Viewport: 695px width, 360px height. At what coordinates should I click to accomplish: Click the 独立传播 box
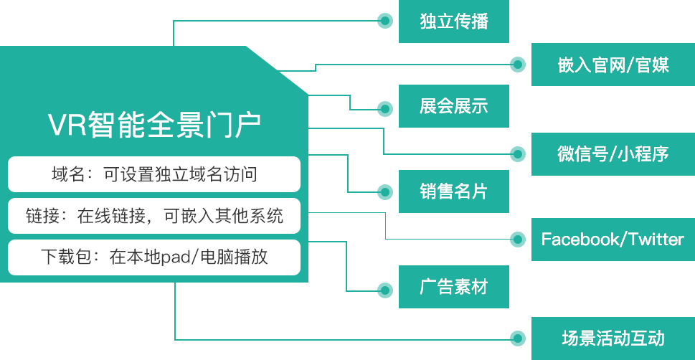tap(453, 22)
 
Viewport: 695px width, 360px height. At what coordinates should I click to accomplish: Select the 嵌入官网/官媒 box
tap(613, 65)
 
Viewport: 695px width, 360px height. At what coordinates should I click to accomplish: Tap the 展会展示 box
tap(453, 107)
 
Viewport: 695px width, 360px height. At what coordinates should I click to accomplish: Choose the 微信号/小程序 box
tap(613, 153)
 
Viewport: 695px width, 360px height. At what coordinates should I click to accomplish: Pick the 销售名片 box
tap(453, 191)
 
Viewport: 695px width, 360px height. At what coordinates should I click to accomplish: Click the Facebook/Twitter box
tap(613, 239)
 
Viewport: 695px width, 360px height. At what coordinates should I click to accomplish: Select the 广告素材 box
tap(453, 288)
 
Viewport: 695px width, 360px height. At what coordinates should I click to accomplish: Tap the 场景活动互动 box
tap(613, 338)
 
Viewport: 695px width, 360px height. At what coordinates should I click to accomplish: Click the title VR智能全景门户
tap(154, 125)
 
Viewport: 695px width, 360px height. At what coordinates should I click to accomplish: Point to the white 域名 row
tap(154, 174)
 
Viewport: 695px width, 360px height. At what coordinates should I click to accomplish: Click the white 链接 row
tap(154, 216)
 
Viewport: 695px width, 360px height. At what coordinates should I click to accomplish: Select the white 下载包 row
tap(154, 257)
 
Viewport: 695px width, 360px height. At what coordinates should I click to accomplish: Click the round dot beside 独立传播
tap(385, 22)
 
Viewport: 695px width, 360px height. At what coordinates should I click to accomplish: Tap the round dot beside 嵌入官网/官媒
tap(517, 65)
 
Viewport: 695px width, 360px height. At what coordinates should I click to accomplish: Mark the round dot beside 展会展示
tap(385, 109)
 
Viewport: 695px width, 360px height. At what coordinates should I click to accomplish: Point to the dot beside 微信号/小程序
tap(517, 153)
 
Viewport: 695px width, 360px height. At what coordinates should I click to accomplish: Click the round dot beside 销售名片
tap(385, 191)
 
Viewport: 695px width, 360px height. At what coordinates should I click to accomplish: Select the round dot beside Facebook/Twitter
tap(517, 239)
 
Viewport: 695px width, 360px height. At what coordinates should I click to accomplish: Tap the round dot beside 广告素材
tap(385, 290)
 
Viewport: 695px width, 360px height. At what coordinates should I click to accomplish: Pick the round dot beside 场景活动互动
tap(517, 338)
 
